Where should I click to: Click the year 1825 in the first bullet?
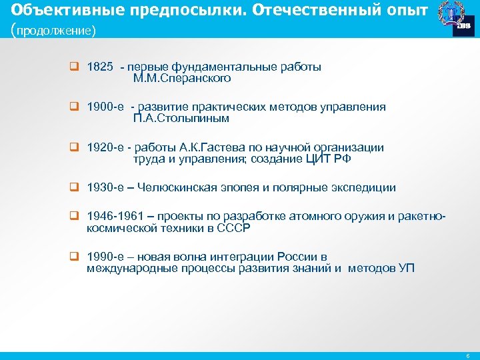pos(100,67)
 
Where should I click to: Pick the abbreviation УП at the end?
pos(406,269)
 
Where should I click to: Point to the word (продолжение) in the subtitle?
pos(54,31)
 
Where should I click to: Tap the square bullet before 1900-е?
pos(75,107)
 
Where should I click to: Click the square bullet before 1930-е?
pos(75,188)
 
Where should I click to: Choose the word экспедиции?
pos(363,188)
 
